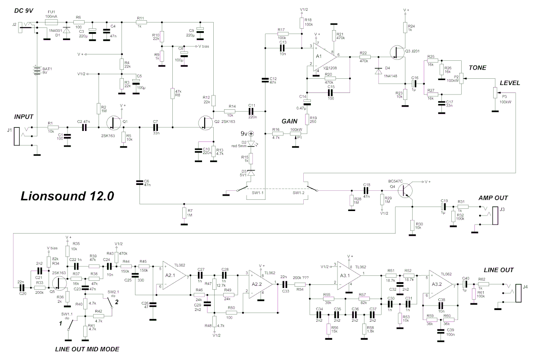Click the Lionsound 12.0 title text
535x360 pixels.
pos(67,197)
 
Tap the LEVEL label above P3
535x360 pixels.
pos(509,83)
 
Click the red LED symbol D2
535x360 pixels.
pos(252,143)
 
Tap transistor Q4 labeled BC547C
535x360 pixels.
pos(407,189)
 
